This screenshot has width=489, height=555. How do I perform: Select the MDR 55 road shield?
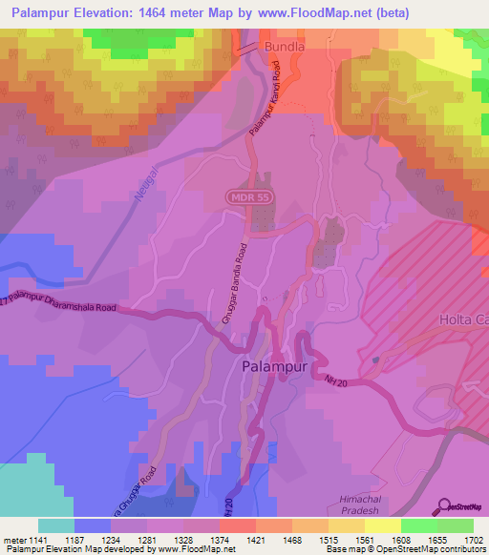pos(247,196)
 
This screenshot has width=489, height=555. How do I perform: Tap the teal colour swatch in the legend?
pos(55,525)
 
